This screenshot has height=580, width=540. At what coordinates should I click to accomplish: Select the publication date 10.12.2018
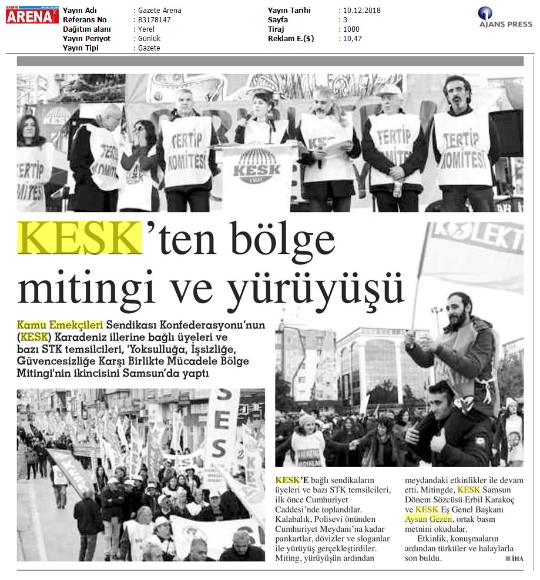[x=361, y=11]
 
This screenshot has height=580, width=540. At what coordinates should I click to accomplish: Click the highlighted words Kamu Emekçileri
[x=61, y=324]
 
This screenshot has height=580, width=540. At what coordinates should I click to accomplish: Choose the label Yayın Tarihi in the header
[x=289, y=11]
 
